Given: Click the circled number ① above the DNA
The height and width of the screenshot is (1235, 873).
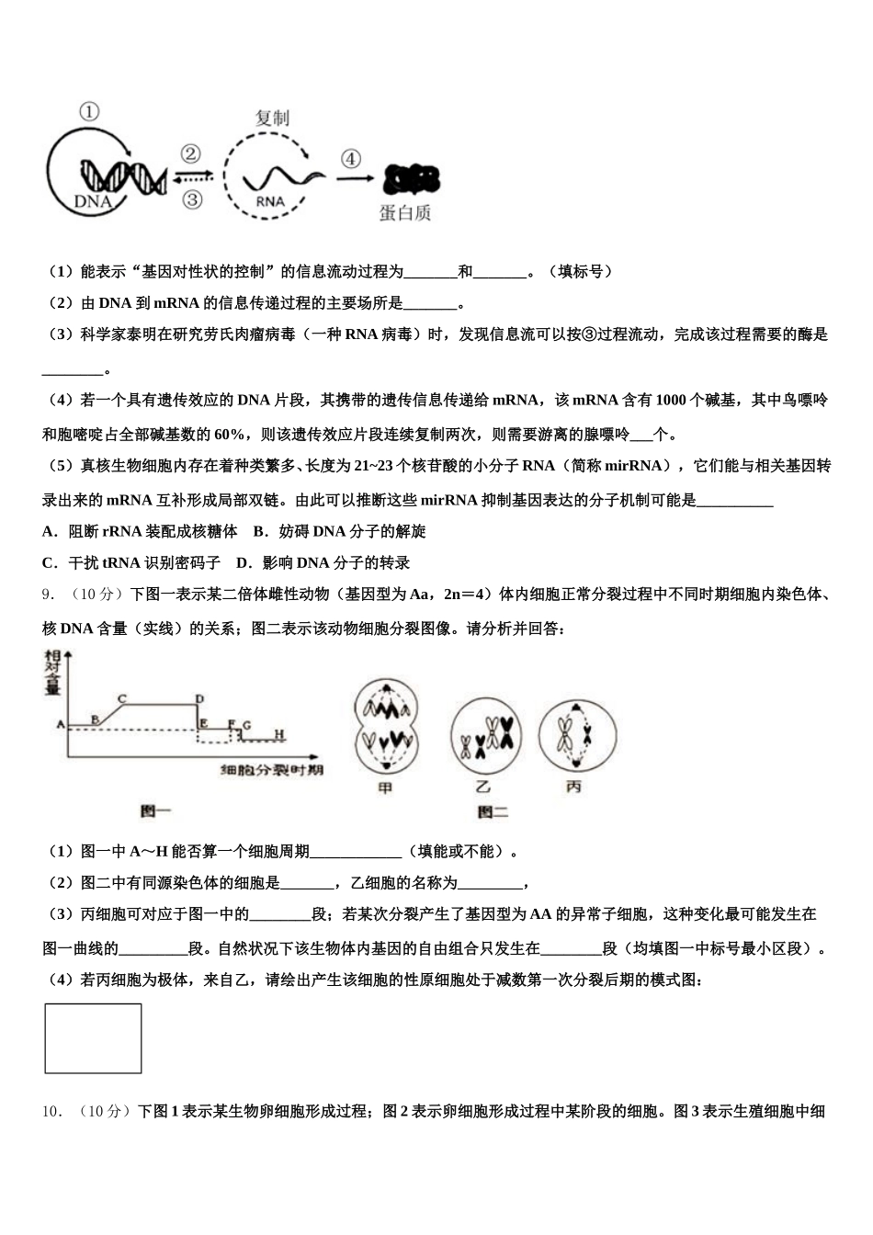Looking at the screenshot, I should pos(89,112).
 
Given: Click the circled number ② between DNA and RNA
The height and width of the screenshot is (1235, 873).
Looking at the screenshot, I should pos(191,153).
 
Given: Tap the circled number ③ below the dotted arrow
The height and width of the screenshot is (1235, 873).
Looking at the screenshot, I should pos(191,198).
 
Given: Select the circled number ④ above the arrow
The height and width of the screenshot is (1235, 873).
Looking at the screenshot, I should pos(350,158).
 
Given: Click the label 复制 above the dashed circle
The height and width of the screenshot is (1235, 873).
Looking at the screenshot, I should pos(272,119).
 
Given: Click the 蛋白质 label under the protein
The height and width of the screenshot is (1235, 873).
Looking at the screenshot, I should pos(404,213).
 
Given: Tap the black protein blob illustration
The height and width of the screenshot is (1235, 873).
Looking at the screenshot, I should pos(411,178).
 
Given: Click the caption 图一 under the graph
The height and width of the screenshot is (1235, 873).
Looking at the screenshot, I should pos(155,810).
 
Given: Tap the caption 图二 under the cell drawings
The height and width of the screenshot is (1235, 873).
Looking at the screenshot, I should pos(493,811).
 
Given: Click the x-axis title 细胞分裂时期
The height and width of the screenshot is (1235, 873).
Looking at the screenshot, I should pos(272,769).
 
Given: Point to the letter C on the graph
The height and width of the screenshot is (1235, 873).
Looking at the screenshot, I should pos(122,698).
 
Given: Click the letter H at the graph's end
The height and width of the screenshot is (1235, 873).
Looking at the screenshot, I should pos(279,734).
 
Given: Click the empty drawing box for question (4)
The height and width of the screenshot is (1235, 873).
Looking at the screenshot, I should pos(93,1038).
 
